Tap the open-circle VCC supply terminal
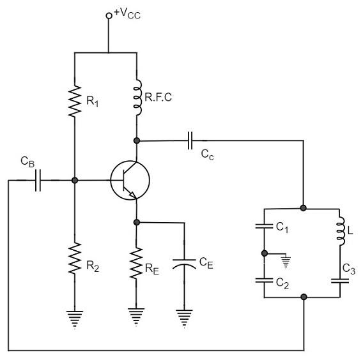109,15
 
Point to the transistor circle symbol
130,180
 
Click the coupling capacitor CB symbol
38,181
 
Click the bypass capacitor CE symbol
184,263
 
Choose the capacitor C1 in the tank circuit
265,226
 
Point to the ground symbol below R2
75,318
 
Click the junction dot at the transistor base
75,181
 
